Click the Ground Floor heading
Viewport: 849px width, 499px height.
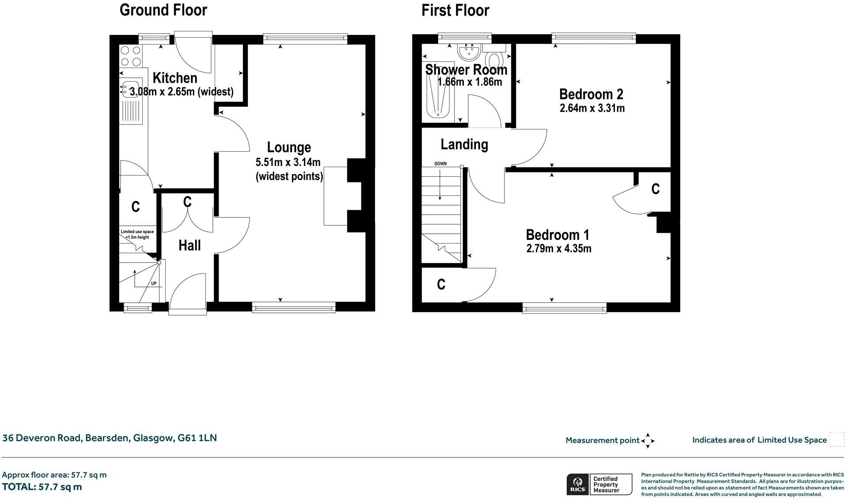click(x=163, y=10)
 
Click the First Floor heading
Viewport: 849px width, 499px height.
click(x=455, y=10)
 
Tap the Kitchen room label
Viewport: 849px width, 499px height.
click(x=175, y=78)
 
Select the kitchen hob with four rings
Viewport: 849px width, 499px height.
click(x=131, y=56)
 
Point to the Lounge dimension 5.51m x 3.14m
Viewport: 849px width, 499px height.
click(x=288, y=162)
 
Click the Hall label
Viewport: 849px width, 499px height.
click(x=190, y=245)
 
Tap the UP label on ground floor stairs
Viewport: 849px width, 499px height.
click(x=154, y=283)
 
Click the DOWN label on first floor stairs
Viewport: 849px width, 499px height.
click(x=440, y=164)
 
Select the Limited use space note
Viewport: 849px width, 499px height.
click(x=137, y=234)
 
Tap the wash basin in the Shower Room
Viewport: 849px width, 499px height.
click(x=469, y=53)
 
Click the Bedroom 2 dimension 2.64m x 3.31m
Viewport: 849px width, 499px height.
click(x=592, y=108)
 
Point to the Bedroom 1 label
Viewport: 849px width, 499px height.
click(x=557, y=235)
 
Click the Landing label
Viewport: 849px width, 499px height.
click(x=464, y=145)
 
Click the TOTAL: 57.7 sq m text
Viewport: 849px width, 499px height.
click(x=42, y=487)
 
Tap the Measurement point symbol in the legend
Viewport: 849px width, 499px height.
click(x=648, y=441)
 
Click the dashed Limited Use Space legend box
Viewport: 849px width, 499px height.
click(x=837, y=440)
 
